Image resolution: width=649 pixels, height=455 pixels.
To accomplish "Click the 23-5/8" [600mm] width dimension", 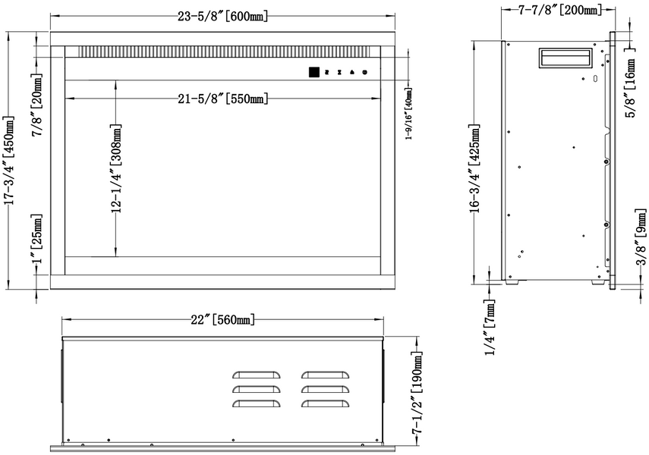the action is click(222, 16).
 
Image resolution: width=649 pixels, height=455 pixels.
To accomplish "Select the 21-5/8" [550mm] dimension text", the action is click(222, 99).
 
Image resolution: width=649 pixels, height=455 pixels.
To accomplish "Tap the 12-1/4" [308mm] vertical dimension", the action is click(117, 168).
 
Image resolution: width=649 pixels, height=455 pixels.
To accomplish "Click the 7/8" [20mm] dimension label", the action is click(37, 105).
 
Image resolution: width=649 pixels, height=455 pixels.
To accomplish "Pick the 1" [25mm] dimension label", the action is click(37, 239).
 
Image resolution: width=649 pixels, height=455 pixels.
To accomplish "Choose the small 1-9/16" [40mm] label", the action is click(408, 113).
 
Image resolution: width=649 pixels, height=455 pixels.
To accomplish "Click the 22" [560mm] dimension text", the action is click(222, 319).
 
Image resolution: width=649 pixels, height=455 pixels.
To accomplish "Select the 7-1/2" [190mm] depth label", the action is click(417, 392).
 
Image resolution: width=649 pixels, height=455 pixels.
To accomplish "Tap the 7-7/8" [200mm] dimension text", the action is click(559, 10).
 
